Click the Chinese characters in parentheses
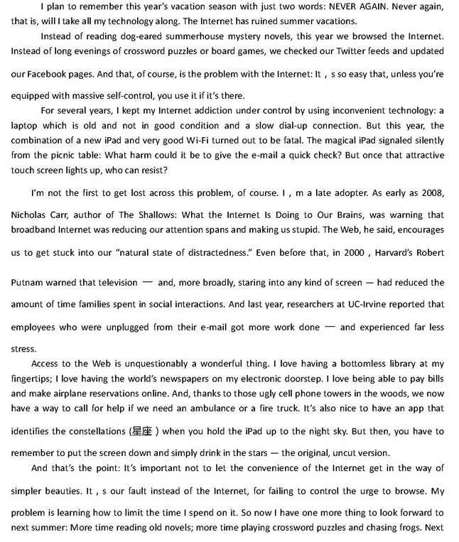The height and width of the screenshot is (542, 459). tap(141, 431)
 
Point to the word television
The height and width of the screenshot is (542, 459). tap(114, 282)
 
